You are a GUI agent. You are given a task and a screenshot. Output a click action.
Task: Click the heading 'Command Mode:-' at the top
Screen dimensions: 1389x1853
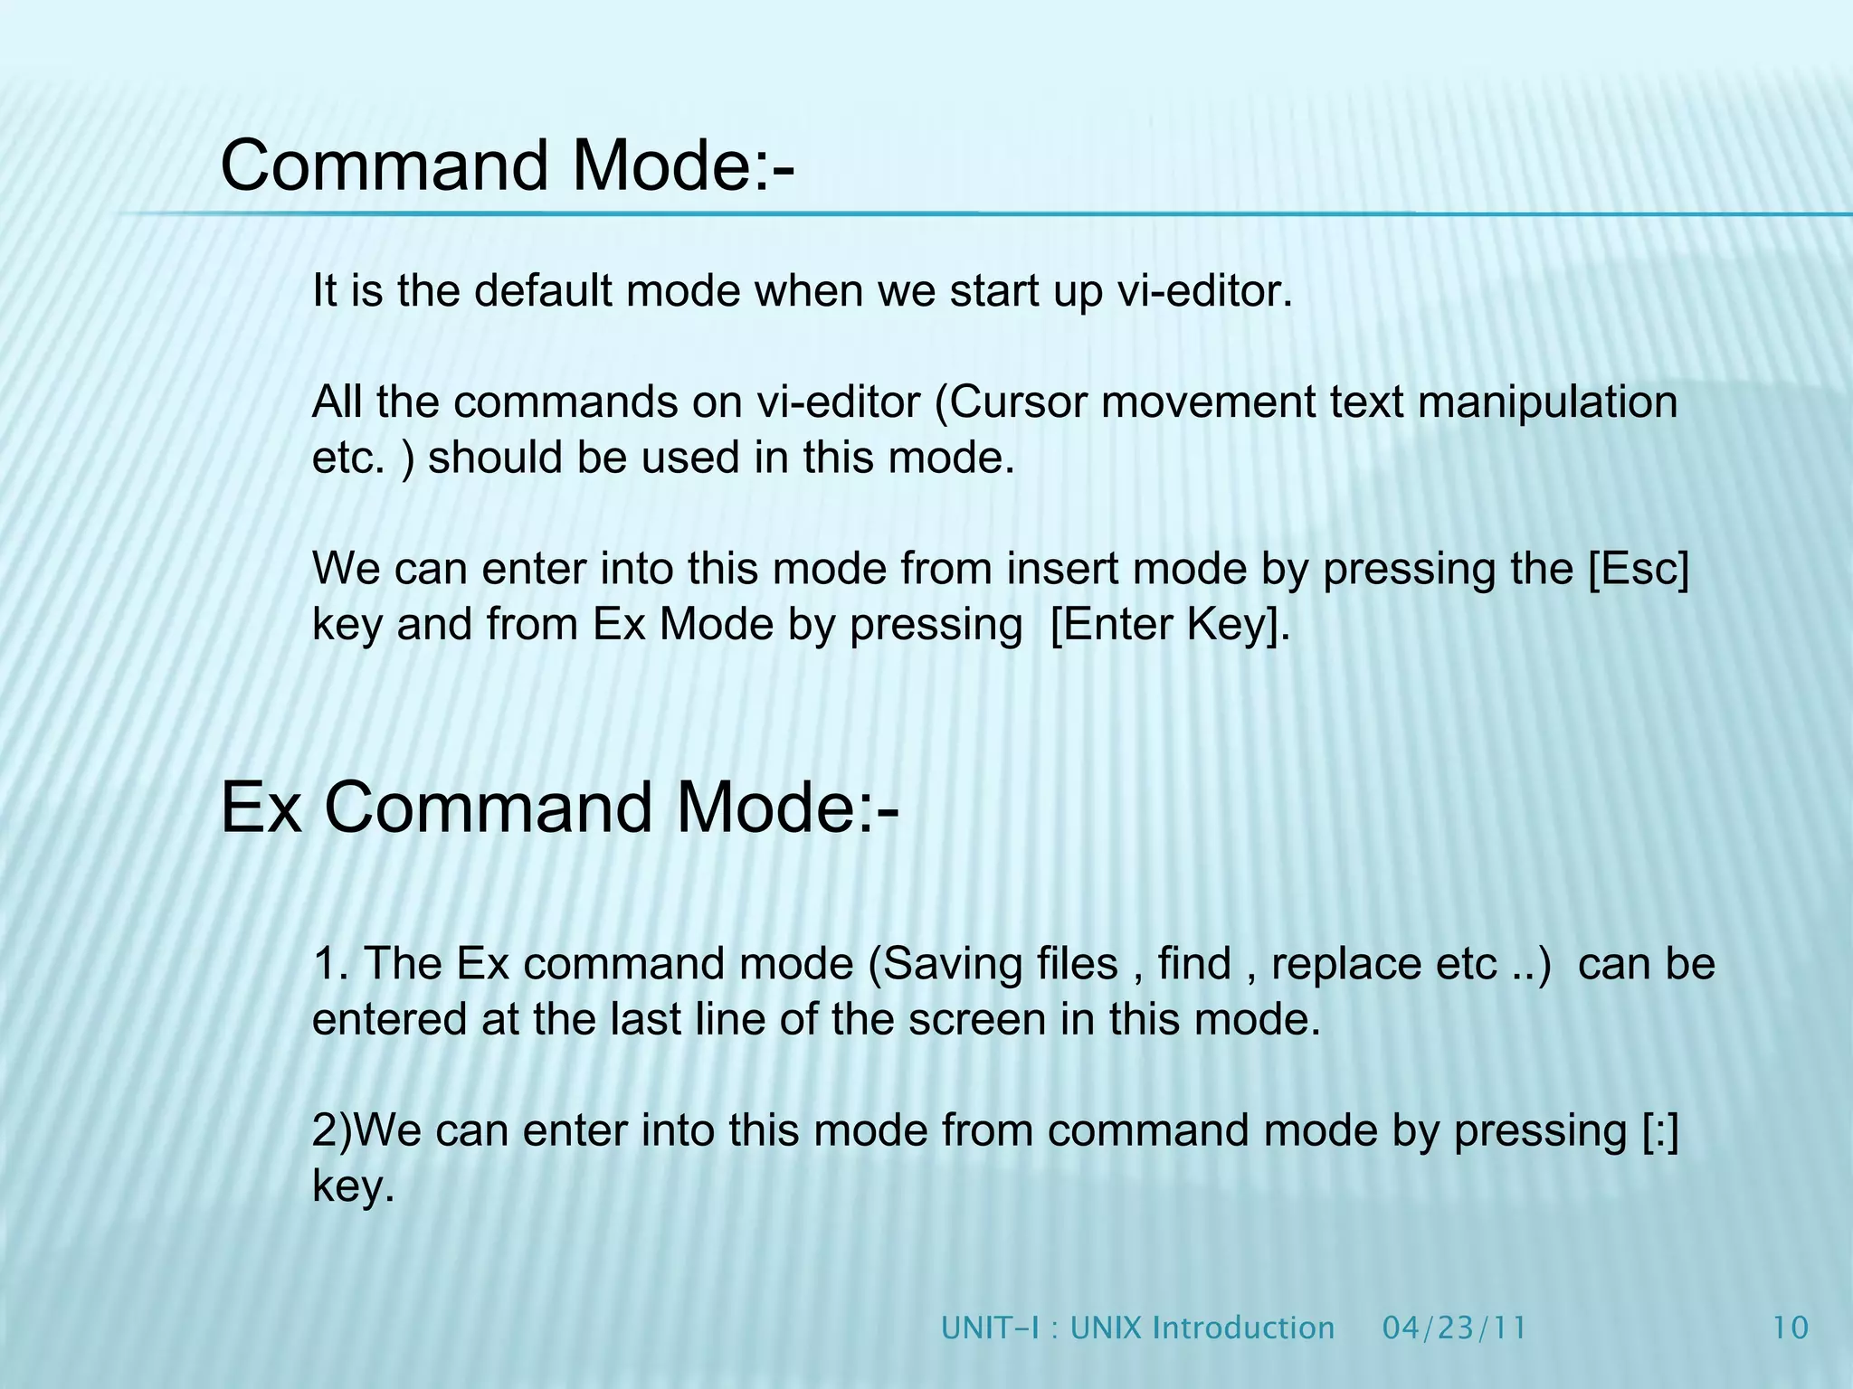507,165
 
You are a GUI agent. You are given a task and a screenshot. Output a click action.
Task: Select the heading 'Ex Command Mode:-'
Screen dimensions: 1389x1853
559,808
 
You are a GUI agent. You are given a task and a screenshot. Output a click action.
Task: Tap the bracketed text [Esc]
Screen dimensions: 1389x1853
1639,570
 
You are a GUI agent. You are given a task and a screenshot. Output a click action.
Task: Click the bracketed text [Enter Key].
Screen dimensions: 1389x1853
1170,626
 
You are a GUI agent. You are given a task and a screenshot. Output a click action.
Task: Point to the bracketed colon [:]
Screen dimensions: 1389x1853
1659,1131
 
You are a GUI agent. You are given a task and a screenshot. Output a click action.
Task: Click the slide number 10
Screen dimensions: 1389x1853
1790,1328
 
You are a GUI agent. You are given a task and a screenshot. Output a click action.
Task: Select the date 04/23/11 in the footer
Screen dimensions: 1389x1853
1455,1328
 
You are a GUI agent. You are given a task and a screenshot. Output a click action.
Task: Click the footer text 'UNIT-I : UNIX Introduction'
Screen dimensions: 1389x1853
1137,1328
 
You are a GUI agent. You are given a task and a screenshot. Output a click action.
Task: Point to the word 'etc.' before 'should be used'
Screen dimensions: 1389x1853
348,458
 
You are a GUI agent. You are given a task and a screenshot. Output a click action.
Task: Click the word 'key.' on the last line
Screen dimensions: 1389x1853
353,1187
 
